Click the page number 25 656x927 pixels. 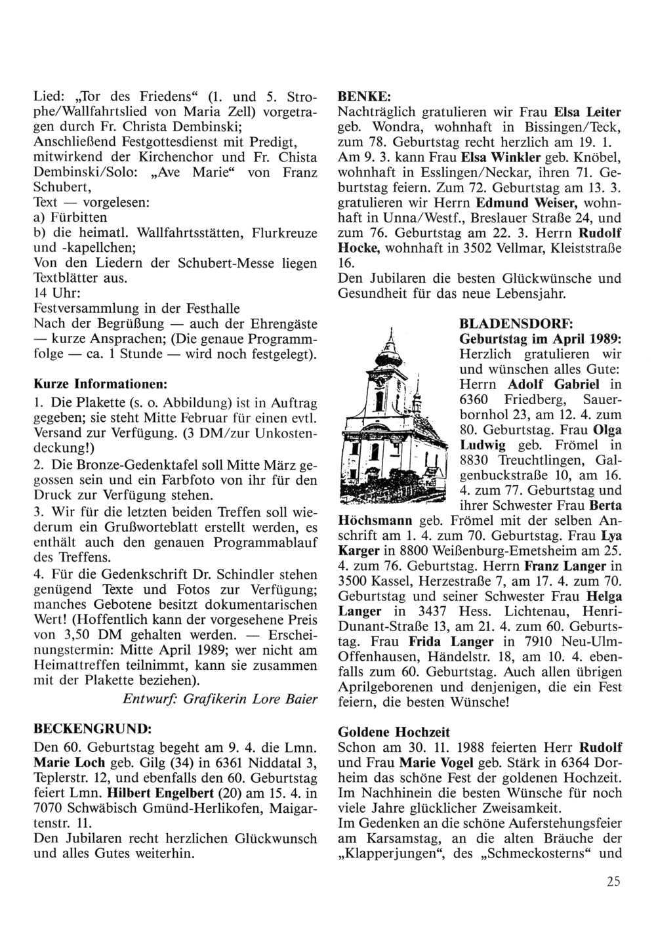(613, 881)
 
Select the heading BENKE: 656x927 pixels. (357, 94)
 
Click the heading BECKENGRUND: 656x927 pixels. (92, 728)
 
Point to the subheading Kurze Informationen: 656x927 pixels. (100, 381)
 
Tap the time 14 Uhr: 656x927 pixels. (56, 293)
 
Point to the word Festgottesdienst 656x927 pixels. (163, 142)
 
